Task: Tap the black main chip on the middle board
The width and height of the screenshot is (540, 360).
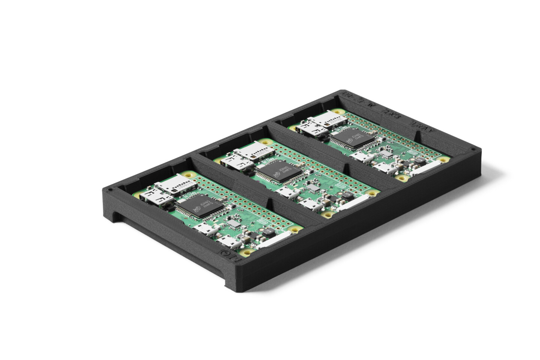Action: pyautogui.click(x=277, y=173)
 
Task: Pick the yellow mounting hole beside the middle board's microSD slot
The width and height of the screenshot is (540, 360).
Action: pyautogui.click(x=267, y=142)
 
